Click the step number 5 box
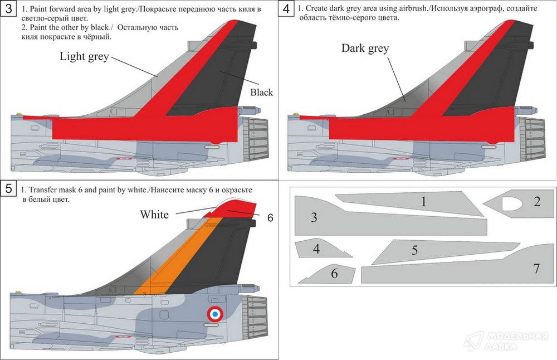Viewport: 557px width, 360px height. tap(7, 188)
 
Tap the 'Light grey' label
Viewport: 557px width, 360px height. tap(84, 56)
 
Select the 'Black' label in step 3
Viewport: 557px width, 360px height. tap(261, 92)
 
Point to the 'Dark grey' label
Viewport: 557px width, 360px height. tap(365, 48)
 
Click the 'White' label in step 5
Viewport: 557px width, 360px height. tap(154, 215)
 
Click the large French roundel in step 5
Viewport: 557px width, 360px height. tap(215, 314)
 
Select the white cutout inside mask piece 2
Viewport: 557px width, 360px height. tap(512, 204)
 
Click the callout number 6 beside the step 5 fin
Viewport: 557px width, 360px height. tap(270, 218)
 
